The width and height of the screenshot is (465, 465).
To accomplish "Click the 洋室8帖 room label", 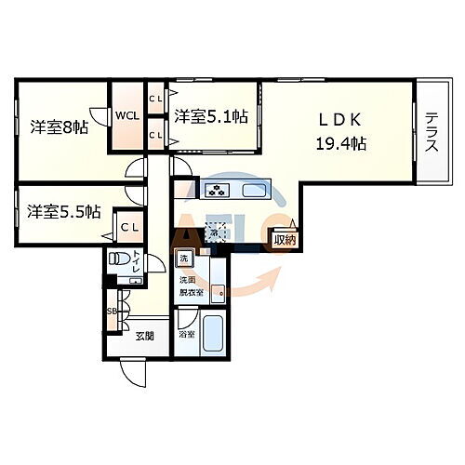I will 58,126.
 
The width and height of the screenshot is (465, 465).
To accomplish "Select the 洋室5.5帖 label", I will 63,212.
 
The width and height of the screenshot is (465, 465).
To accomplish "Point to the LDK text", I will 339,120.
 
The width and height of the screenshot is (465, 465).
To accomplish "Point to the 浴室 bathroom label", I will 186,332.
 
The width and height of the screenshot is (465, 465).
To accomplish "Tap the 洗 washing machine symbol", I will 183,258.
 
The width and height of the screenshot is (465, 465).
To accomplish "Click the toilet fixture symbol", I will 117,259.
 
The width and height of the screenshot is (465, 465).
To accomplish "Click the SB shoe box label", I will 111,312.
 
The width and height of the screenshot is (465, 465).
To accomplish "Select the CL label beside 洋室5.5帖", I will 126,226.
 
